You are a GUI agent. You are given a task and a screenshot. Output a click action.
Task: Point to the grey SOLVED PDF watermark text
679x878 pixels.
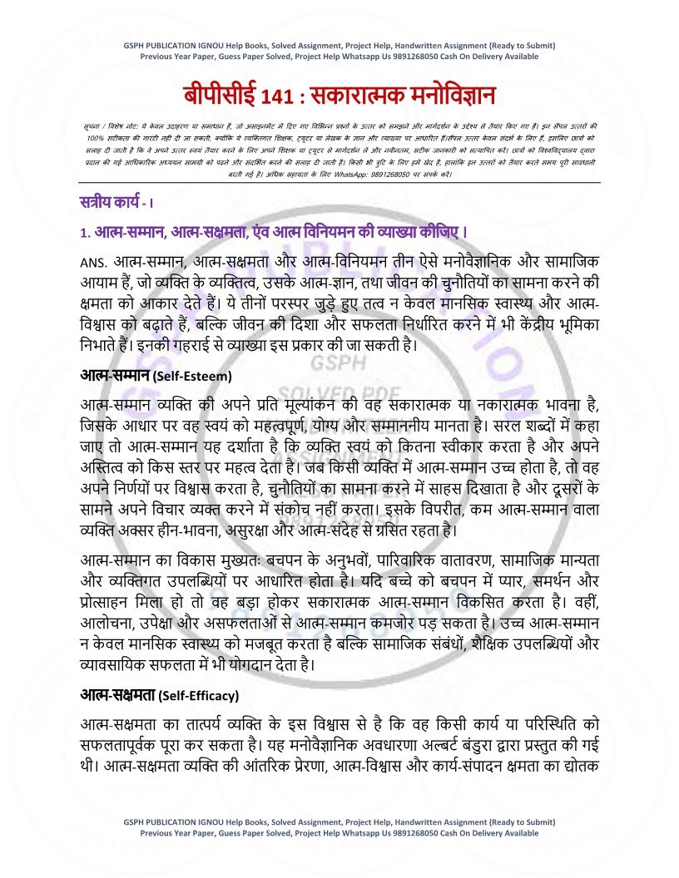(x=343, y=392)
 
